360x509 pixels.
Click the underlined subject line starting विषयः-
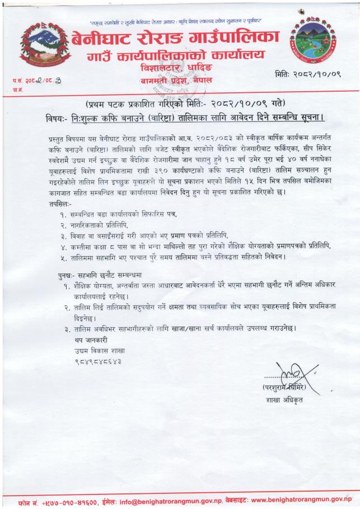click(185, 119)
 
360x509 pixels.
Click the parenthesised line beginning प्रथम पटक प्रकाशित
click(185, 105)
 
